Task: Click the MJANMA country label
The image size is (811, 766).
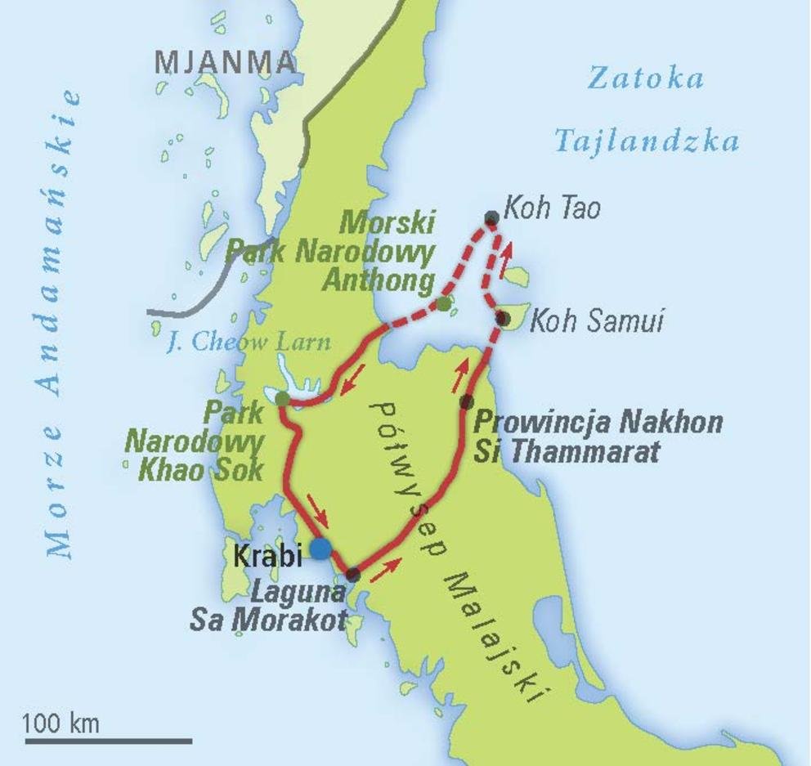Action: pos(224,62)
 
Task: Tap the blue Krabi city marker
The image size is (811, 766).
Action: pos(320,548)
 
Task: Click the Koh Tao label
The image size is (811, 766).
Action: pos(552,208)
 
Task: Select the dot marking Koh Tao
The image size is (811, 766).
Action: pos(491,217)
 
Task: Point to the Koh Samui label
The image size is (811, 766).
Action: pos(597,321)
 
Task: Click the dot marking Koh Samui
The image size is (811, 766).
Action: pos(503,318)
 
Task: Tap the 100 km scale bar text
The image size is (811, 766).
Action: pos(60,723)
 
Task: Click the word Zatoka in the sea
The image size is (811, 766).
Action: pos(646,78)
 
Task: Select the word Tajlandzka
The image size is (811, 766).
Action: pos(647,141)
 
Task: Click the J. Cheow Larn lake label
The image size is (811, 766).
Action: pos(249,343)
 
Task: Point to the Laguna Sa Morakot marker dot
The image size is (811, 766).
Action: pos(353,575)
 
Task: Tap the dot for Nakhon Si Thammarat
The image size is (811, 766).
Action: pos(467,401)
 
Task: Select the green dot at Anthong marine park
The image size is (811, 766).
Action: pos(443,304)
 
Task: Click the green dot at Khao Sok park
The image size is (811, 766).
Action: pos(282,399)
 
